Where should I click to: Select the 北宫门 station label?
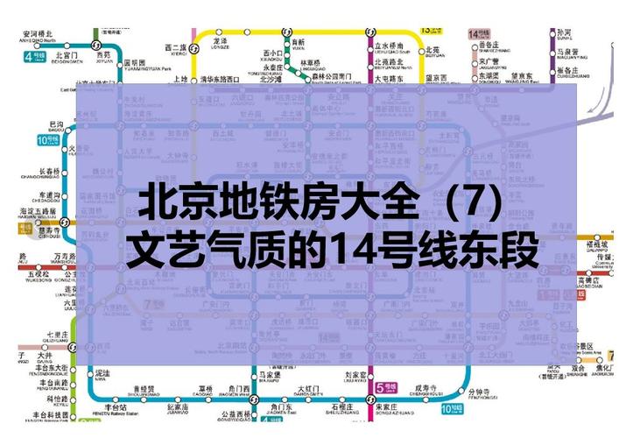(x=66, y=56)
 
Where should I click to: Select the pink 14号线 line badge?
(x=478, y=34)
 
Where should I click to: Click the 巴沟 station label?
(x=57, y=125)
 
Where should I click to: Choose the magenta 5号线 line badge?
(x=383, y=386)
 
